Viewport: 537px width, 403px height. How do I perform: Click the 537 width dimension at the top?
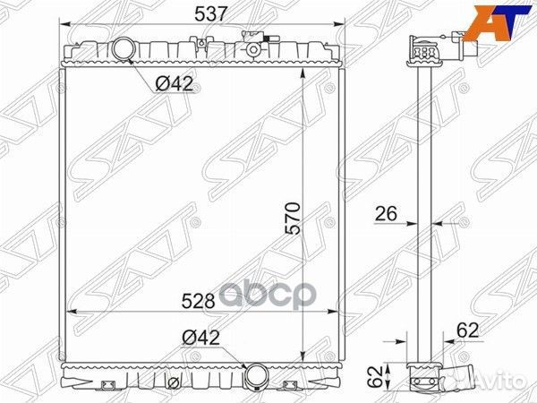pos(201,13)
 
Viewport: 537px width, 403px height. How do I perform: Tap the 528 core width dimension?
pos(199,301)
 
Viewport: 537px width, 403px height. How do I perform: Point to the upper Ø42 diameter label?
pos(175,84)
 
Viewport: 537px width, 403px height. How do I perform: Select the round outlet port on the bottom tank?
pos(257,373)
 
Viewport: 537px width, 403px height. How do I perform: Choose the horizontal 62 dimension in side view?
pos(467,330)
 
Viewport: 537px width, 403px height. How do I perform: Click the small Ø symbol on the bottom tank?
pos(170,383)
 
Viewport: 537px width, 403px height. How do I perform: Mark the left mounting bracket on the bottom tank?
pos(110,385)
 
